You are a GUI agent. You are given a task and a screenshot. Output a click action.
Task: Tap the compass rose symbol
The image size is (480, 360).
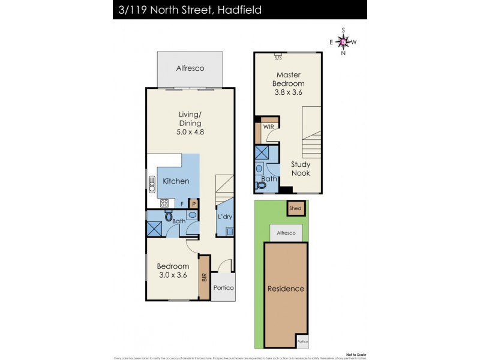pos(343,41)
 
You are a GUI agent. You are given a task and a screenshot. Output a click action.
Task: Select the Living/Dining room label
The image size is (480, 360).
pos(191,122)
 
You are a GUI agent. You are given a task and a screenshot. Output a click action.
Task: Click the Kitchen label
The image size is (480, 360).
pos(176,181)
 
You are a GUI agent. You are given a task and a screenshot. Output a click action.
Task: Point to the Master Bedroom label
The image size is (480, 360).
pos(288,83)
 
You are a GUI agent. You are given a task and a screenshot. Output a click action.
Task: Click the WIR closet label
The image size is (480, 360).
pos(268,127)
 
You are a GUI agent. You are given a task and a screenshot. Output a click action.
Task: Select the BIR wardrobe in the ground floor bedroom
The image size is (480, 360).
pos(204,277)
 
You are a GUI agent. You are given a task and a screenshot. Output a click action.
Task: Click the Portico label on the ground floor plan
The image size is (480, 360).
pos(223,288)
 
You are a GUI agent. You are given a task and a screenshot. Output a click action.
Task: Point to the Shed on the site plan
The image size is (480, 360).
pos(295,209)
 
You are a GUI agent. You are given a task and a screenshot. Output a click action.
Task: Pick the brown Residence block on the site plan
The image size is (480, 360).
pos(286,289)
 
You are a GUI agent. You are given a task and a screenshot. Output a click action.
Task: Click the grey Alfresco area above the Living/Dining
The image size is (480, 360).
pos(190,68)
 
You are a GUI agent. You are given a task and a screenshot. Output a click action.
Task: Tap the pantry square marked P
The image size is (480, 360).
pos(194,204)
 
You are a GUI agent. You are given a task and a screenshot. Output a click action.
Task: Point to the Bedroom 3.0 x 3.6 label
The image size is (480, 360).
pos(173,271)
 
